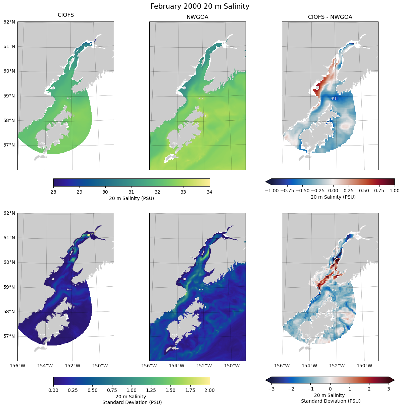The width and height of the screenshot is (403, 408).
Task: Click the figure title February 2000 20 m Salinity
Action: point(200,6)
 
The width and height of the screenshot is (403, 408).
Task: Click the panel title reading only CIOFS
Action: point(66,15)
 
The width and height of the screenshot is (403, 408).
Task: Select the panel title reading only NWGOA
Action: point(197,17)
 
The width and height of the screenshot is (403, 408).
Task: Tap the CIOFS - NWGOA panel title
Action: point(330,17)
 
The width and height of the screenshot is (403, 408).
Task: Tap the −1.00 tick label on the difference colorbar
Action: point(272,191)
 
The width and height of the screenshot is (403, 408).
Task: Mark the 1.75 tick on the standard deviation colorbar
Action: point(190,390)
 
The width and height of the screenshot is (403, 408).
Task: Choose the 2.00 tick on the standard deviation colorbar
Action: point(209,390)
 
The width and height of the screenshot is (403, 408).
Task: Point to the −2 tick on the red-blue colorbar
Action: point(291,389)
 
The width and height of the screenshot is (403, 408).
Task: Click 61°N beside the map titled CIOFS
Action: point(9,46)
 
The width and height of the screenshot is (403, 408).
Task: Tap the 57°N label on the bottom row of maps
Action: point(9,336)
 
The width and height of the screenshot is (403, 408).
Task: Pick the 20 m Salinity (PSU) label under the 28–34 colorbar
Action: point(132,198)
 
